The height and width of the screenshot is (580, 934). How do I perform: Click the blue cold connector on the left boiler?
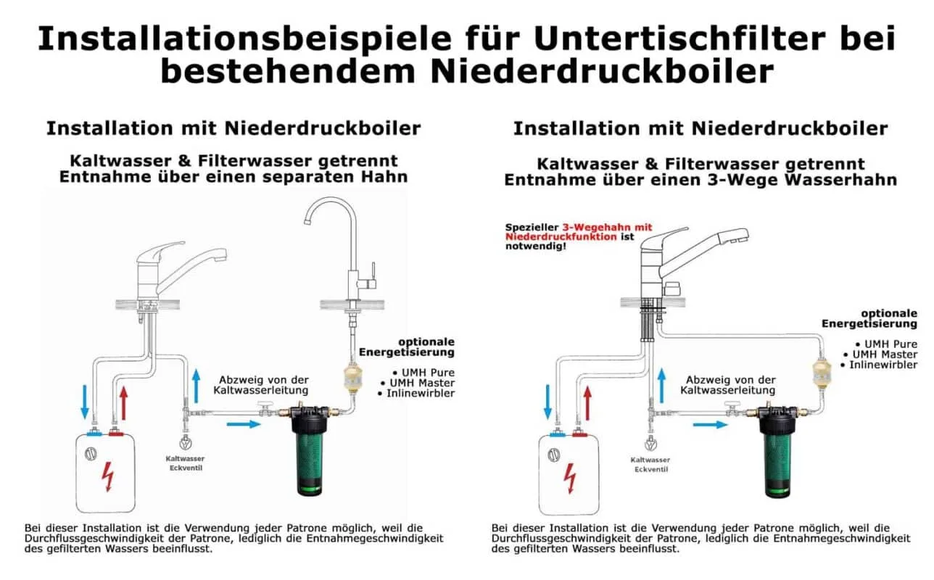tap(94, 434)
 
